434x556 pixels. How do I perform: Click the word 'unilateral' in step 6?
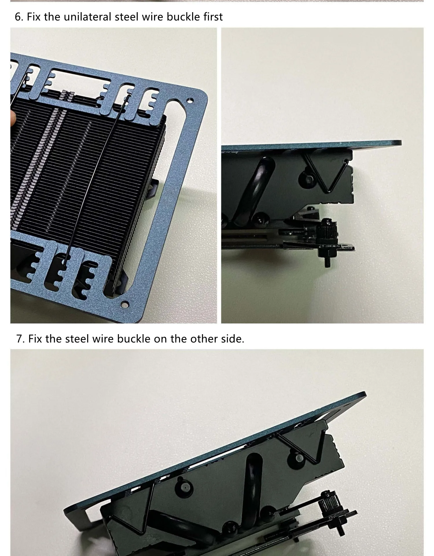[87, 17]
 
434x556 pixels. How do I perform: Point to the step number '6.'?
[19, 17]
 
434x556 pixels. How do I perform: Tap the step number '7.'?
[21, 339]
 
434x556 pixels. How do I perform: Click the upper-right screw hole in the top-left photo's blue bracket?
[190, 100]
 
